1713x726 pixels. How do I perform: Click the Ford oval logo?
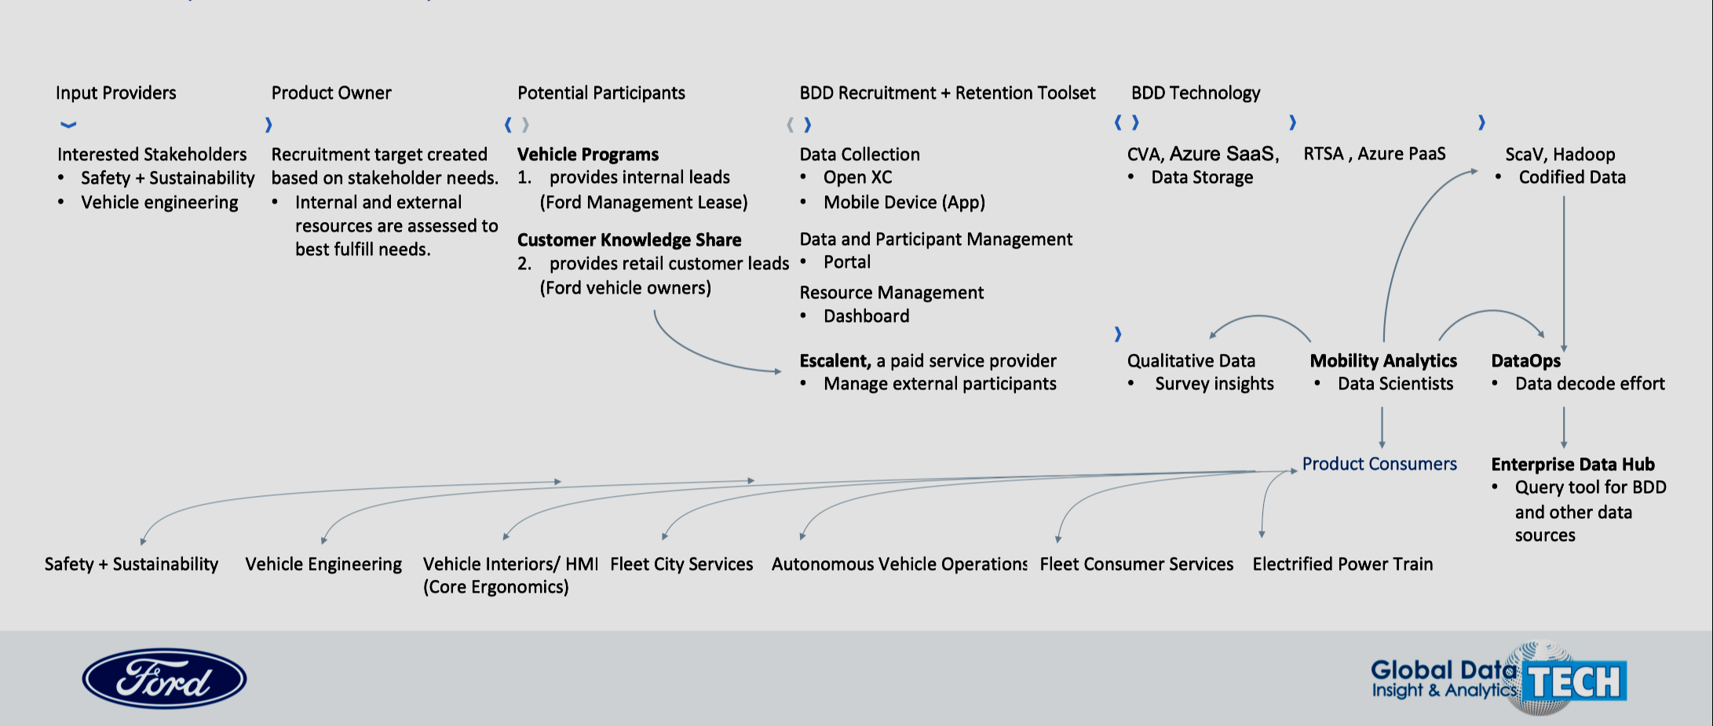[164, 678]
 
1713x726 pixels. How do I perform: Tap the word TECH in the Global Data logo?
[1574, 681]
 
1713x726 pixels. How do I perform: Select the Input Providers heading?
[115, 93]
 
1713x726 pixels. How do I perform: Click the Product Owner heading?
[331, 93]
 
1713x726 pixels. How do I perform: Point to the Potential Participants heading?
[601, 93]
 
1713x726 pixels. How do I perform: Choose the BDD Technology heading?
[1195, 93]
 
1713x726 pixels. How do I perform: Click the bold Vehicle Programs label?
[587, 154]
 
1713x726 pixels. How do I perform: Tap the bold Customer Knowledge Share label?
[629, 239]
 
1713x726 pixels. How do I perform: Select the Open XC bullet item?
[857, 177]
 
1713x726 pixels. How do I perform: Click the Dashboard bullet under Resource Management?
[866, 316]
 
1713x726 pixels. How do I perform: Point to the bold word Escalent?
[835, 360]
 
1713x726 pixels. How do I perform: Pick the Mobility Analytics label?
[1382, 360]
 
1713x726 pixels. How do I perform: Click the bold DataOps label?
[1525, 360]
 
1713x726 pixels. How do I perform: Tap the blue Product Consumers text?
[1379, 464]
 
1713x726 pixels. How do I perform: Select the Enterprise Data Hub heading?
[1572, 464]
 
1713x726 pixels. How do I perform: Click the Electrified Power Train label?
[1342, 564]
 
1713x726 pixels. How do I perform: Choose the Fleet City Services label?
[681, 564]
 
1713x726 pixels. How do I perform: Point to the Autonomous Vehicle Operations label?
[899, 564]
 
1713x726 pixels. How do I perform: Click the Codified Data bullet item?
[1572, 177]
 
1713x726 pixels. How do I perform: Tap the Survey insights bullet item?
[1214, 383]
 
